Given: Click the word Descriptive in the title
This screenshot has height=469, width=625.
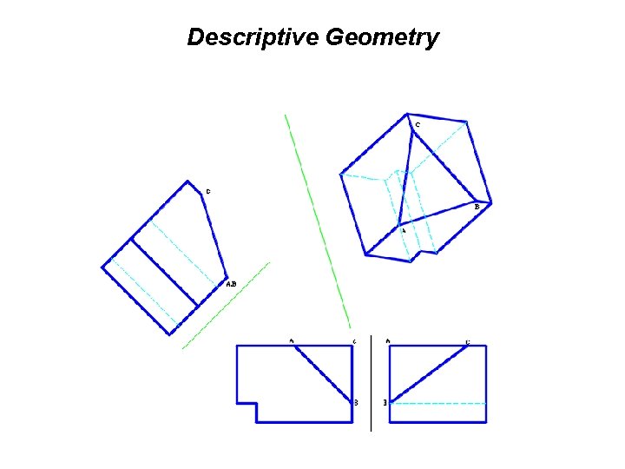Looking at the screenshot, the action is [x=253, y=38].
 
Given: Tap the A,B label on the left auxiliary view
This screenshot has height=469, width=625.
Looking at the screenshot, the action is [x=230, y=284].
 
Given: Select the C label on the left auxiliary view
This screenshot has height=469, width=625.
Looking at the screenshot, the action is [x=207, y=191].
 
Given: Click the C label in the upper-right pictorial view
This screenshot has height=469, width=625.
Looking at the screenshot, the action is [x=417, y=125].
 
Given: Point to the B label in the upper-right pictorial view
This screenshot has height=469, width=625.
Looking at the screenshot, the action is [x=477, y=207].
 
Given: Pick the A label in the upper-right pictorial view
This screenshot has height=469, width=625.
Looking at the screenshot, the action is [x=403, y=230].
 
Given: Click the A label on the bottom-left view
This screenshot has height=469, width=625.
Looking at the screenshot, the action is [x=292, y=340].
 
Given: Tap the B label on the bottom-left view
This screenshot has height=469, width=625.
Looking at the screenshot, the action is [x=356, y=402].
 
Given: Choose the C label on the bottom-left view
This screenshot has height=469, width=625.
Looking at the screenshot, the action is [x=354, y=340].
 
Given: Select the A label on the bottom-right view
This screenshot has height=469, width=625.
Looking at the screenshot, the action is [x=387, y=340].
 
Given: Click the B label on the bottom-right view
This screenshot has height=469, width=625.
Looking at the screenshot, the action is [x=385, y=403].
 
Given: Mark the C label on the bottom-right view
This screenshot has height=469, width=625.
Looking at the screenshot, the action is [x=468, y=342].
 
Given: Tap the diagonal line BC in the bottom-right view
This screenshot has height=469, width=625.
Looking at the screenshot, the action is [x=430, y=373].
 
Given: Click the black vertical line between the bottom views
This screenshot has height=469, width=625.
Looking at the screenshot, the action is [x=372, y=382].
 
